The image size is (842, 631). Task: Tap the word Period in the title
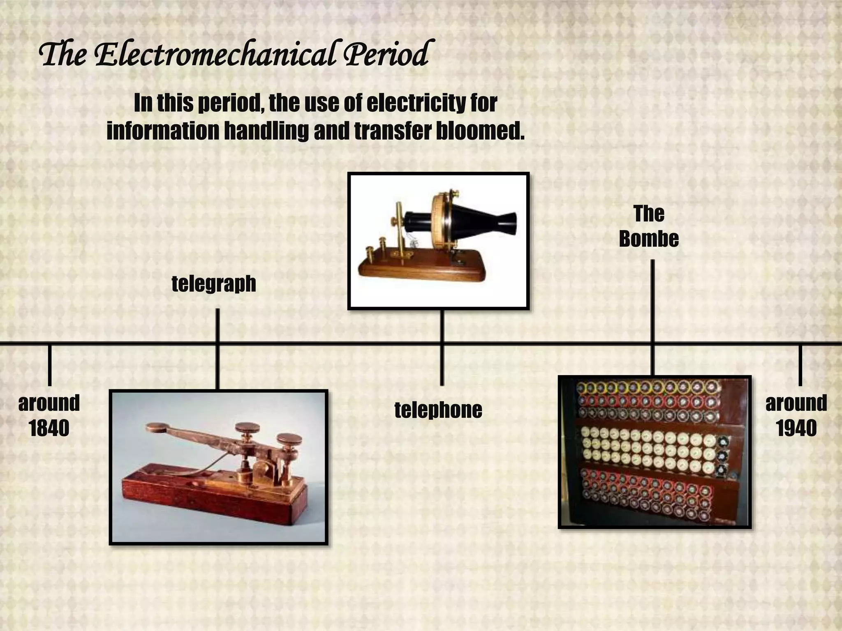386,55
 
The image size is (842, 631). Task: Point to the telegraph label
214,283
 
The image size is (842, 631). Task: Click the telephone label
438,410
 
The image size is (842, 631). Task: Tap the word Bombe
649,239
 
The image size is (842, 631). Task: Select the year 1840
49,428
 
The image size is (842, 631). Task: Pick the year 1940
796,428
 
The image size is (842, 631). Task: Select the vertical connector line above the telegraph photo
217,325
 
